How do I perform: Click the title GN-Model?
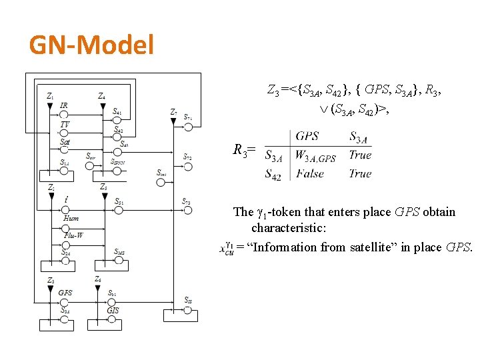pos(92,45)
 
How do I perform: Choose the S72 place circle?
pos(188,166)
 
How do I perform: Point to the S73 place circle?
pos(188,210)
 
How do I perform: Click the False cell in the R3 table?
pos(310,174)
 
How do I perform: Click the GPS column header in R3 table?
pos(307,136)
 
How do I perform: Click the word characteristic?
pos(289,229)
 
